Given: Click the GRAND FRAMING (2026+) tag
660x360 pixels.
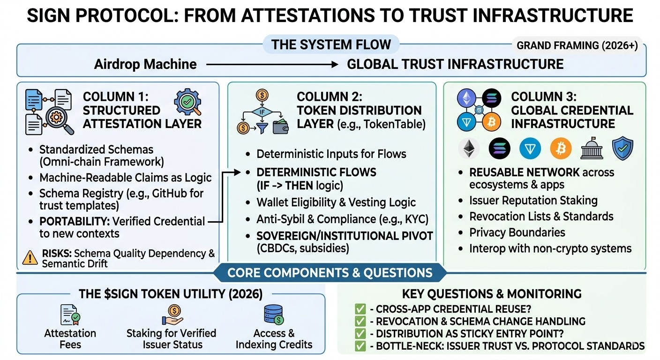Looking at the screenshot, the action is [x=577, y=46].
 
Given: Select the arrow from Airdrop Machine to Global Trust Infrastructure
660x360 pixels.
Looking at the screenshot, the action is [x=272, y=64].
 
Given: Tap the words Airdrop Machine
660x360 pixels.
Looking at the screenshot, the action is [x=145, y=64].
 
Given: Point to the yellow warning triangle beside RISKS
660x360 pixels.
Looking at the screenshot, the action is [x=30, y=257].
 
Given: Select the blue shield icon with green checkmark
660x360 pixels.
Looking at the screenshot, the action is [x=623, y=149].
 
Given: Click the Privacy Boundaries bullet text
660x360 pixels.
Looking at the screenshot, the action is [x=517, y=232].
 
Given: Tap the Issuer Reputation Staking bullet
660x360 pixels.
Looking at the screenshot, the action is [x=533, y=201].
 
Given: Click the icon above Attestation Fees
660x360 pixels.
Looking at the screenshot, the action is [x=70, y=315].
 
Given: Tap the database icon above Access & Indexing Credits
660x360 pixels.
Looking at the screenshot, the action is [x=274, y=315].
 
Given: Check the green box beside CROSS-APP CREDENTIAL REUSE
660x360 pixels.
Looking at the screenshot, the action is [x=360, y=309].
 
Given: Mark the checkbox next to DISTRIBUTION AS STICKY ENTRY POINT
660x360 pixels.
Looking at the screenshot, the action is [x=360, y=334].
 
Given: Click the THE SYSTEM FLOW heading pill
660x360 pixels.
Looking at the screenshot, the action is [x=331, y=45].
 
